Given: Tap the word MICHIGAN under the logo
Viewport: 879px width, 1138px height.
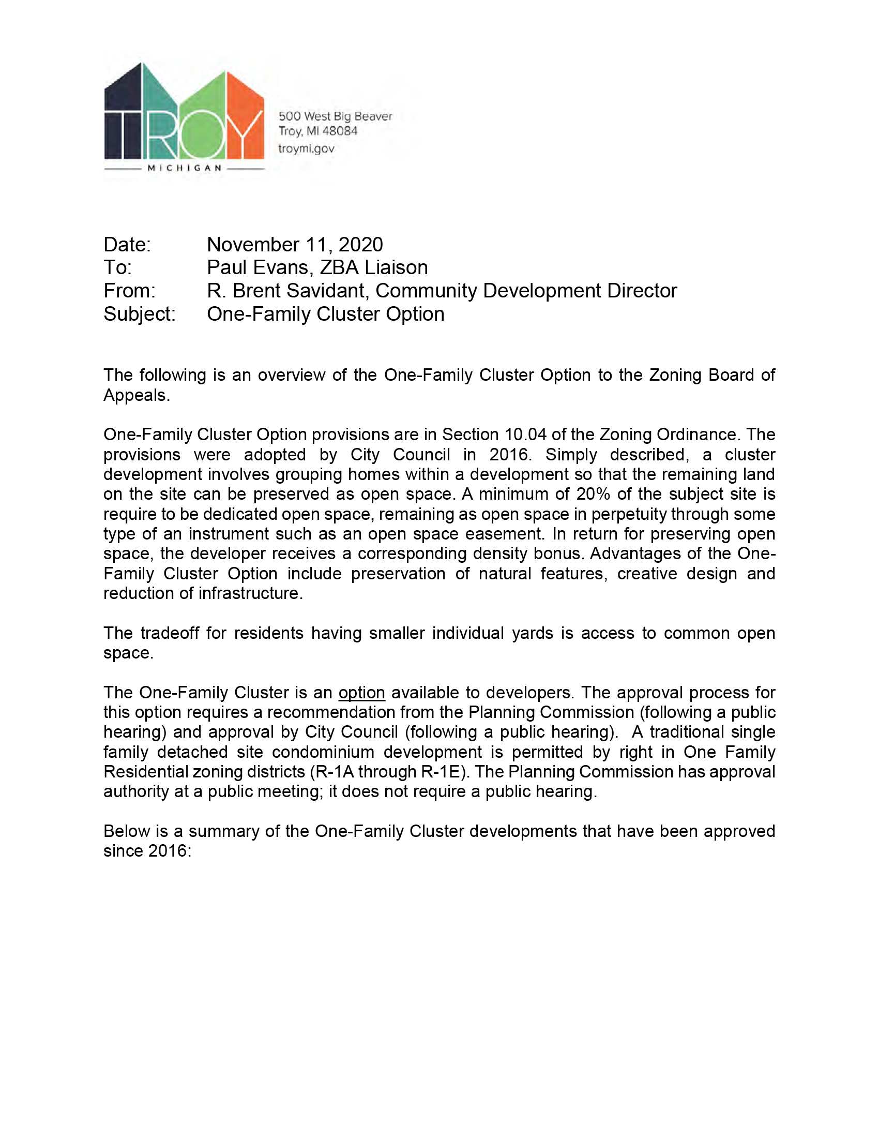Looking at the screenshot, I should click(x=185, y=168).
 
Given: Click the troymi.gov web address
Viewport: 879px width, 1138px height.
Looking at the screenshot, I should click(x=306, y=148).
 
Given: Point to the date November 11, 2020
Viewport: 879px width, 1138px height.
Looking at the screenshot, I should click(x=295, y=244).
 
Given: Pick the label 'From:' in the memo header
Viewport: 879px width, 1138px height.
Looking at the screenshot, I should click(x=129, y=291).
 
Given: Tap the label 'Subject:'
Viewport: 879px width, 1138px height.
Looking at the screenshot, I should click(x=139, y=313).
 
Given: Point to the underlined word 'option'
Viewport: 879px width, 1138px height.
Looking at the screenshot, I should click(x=361, y=693).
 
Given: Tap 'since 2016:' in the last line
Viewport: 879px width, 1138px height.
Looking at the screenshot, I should click(x=148, y=851).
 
